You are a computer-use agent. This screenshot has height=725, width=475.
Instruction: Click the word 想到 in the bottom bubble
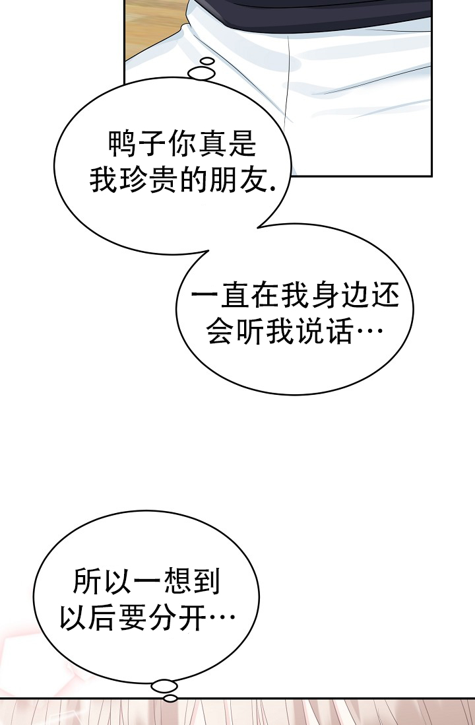tap(191, 583)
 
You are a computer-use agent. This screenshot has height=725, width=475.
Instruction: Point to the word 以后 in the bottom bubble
tap(88, 619)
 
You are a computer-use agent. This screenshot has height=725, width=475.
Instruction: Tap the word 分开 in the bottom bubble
tap(177, 619)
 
